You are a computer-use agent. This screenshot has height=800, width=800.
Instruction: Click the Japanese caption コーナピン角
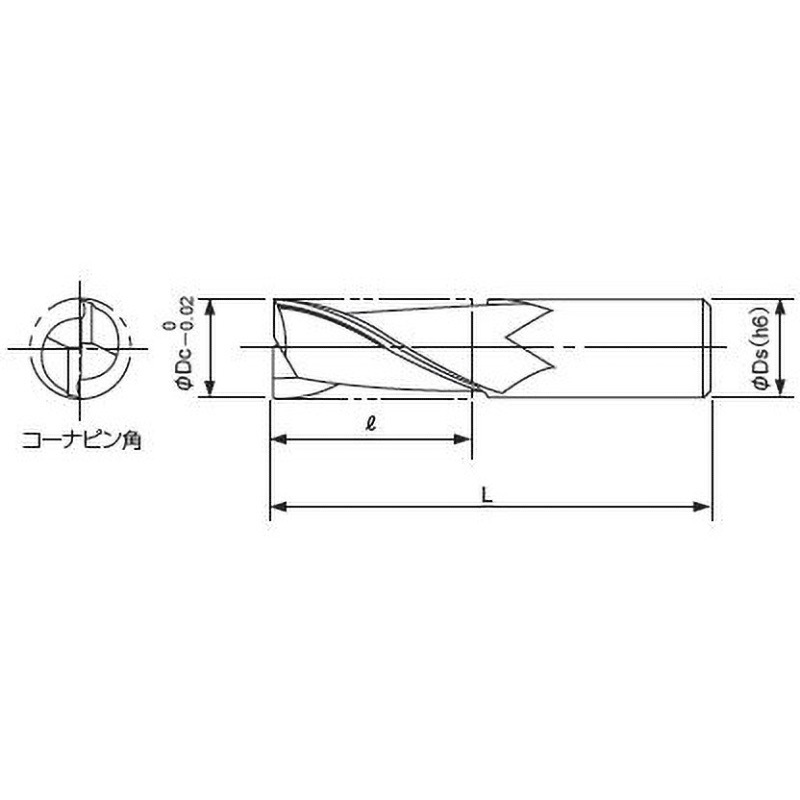[x=81, y=440]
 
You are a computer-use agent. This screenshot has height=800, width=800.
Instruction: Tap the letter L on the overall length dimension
[x=488, y=495]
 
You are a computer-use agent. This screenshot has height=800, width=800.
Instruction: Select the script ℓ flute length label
[x=371, y=423]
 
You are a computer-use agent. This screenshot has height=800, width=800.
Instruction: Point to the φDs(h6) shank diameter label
[x=761, y=347]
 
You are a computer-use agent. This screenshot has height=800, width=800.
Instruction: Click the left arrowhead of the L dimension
[x=278, y=507]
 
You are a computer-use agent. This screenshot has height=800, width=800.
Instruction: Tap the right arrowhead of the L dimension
[x=702, y=507]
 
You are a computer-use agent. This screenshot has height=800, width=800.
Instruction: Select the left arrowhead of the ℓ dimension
[x=278, y=439]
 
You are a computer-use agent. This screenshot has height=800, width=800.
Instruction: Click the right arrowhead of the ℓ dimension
[x=462, y=439]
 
